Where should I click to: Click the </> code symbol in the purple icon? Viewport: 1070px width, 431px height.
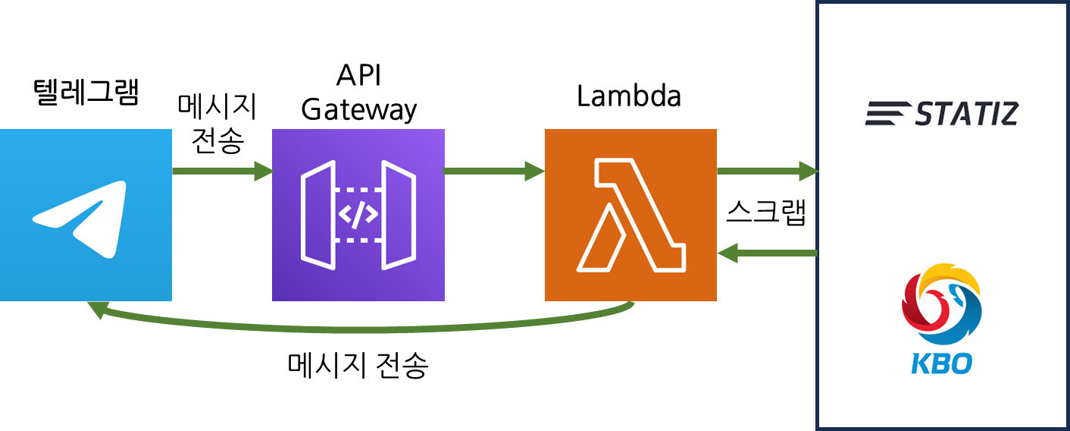(358, 215)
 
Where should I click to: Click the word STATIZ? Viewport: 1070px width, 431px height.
(967, 115)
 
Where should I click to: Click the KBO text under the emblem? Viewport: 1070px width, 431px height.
(941, 363)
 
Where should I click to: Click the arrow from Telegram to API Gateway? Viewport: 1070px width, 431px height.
(221, 171)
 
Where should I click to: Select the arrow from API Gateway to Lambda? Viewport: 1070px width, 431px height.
(494, 171)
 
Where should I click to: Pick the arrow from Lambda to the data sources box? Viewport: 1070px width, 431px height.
(767, 171)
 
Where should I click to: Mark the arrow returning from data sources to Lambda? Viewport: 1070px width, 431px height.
(767, 253)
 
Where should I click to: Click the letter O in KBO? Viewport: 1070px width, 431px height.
(960, 363)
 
